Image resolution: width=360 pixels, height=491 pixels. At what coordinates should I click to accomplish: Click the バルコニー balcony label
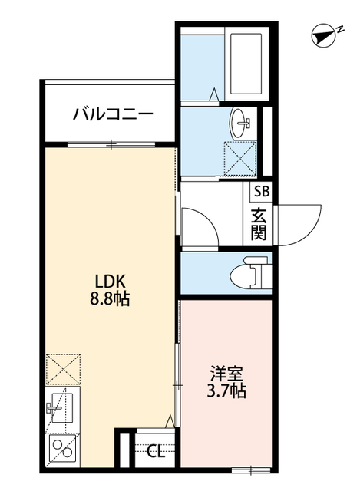pos(113,114)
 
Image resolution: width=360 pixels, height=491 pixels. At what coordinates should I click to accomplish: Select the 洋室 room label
pos(227,374)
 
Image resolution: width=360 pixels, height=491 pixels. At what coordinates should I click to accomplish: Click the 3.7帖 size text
pos(227,392)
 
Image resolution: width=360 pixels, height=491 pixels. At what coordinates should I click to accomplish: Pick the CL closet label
pos(155,452)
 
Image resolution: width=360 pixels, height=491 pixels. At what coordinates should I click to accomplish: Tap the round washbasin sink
pos(243,121)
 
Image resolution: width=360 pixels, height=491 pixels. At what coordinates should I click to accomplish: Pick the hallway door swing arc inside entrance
pos(201,227)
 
